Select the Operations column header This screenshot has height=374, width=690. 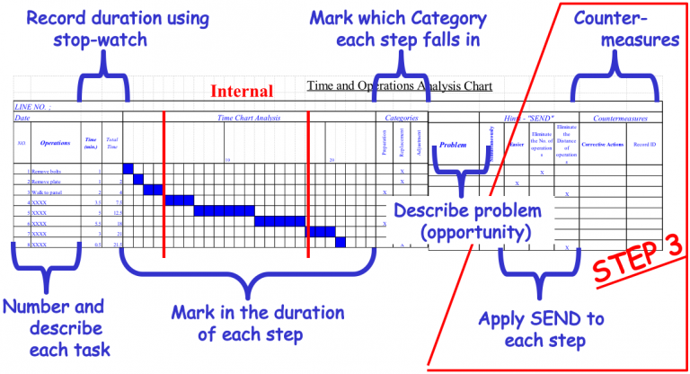[55, 142]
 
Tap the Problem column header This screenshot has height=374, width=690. [454, 143]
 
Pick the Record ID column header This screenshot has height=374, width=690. [645, 143]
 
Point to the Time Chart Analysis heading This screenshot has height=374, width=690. [250, 117]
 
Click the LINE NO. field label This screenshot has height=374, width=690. [32, 106]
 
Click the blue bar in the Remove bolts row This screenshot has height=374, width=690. [128, 169]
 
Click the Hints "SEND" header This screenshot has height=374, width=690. [530, 118]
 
